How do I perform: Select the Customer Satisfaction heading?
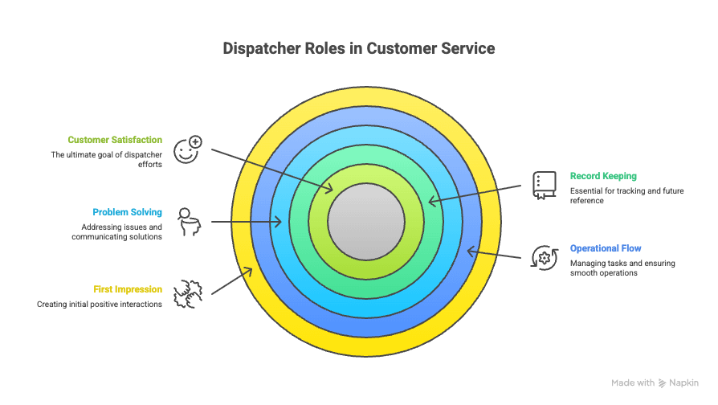click(x=115, y=140)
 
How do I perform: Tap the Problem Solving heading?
click(x=127, y=212)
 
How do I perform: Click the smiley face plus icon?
click(x=187, y=149)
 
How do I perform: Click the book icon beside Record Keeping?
click(x=544, y=184)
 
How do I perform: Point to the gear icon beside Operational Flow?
click(x=544, y=258)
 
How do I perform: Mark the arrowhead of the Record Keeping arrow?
click(x=431, y=201)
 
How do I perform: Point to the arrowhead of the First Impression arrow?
click(x=250, y=271)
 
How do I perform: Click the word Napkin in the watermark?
click(x=684, y=383)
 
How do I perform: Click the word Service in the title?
click(x=467, y=49)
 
